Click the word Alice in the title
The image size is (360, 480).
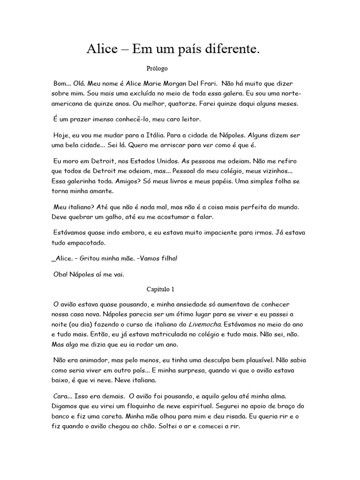pyautogui.click(x=103, y=49)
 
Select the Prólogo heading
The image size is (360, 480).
pyautogui.click(x=157, y=68)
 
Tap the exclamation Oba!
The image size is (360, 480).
pyautogui.click(x=61, y=275)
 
